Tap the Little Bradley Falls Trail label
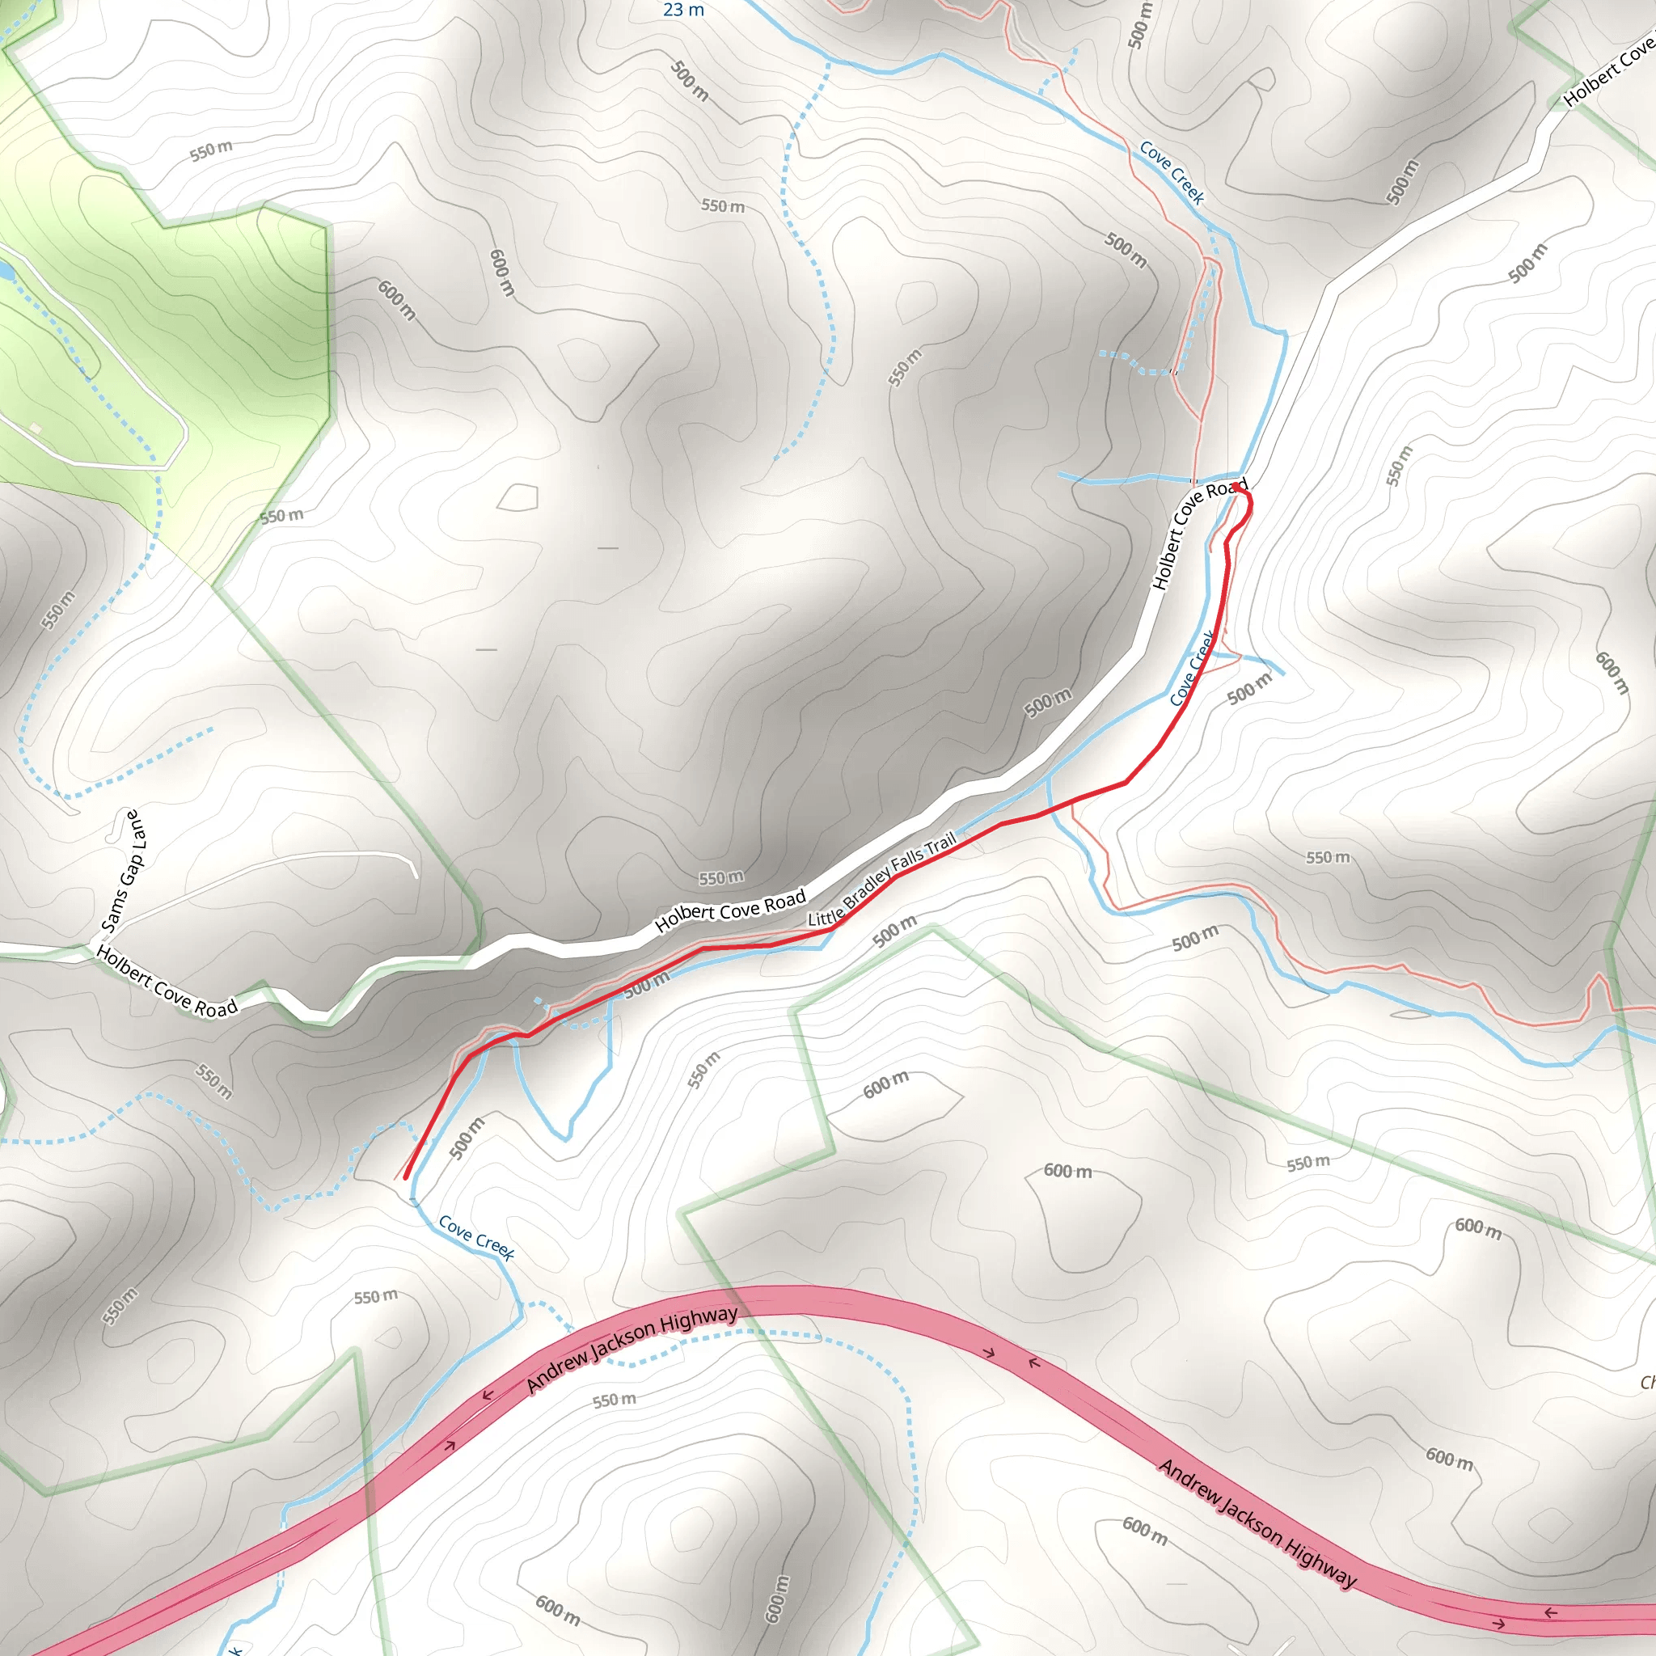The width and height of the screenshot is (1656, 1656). tap(882, 879)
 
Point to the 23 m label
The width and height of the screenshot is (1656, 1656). tap(683, 11)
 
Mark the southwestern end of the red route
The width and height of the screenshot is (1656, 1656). tap(405, 1177)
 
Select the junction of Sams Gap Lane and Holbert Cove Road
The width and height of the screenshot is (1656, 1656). tap(92, 944)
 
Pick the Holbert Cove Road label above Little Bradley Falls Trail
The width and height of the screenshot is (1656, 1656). tap(730, 910)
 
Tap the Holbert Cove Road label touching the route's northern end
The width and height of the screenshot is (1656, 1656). tap(1198, 533)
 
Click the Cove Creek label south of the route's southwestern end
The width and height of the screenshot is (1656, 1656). tap(475, 1238)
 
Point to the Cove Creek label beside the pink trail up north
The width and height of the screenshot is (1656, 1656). tap(1172, 172)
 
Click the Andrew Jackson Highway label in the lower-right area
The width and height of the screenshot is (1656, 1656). tap(1257, 1523)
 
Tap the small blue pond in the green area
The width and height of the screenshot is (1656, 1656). tap(5, 272)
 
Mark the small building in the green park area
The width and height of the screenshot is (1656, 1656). tap(35, 427)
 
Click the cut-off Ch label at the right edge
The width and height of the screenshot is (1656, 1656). tap(1647, 1383)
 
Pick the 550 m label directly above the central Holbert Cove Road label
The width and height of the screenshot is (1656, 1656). tap(720, 877)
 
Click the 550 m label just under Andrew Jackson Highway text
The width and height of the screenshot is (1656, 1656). tap(615, 1400)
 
